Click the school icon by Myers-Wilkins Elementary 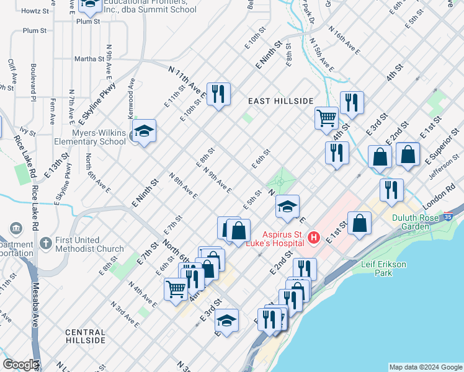click(144, 131)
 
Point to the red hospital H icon click(315, 237)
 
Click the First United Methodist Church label click(89, 244)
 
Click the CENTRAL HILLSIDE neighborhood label click(86, 337)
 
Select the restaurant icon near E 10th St click(218, 95)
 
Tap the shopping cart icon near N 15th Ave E click(326, 118)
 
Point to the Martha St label click(89, 59)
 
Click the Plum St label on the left click(35, 30)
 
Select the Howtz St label click(35, 11)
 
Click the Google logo click(20, 365)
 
